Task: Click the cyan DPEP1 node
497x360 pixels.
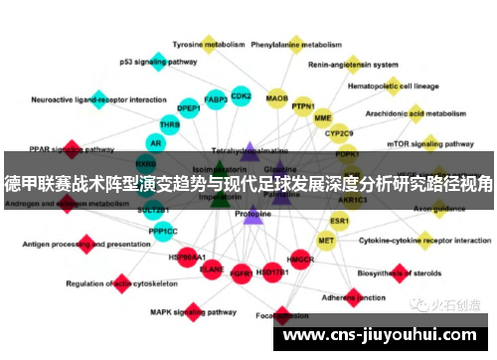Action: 188,108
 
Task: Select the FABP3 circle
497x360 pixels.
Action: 216,99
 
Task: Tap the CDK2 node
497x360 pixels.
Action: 242,96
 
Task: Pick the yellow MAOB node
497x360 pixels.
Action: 277,98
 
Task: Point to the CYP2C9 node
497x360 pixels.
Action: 340,133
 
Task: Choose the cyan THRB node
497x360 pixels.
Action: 170,125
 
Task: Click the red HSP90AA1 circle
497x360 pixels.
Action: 180,257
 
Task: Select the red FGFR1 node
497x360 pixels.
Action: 241,270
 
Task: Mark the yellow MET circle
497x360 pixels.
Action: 326,240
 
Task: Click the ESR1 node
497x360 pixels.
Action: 340,220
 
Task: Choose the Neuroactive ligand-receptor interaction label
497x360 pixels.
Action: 84,99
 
